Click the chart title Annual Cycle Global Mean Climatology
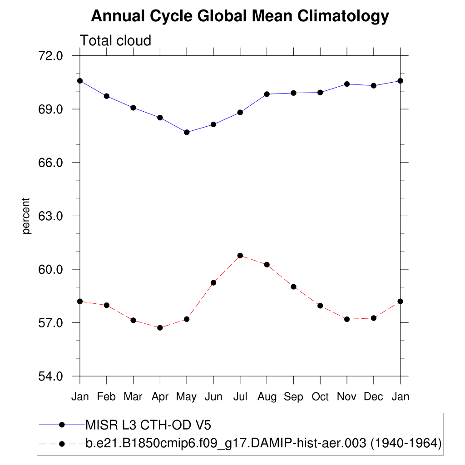tap(240, 16)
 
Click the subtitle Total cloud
tap(115, 40)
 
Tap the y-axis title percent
tap(27, 216)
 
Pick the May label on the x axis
tap(186, 397)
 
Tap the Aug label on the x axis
tap(267, 397)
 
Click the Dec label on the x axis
tap(374, 397)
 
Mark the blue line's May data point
tap(187, 132)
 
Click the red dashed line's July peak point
tap(240, 256)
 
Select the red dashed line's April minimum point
tap(160, 327)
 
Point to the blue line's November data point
tap(347, 84)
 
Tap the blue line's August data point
tap(267, 94)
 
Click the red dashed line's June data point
tap(213, 282)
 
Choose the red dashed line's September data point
tap(293, 287)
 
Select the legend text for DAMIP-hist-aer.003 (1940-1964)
tap(263, 442)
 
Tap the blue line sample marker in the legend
tap(62, 425)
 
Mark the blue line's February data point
tap(107, 96)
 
